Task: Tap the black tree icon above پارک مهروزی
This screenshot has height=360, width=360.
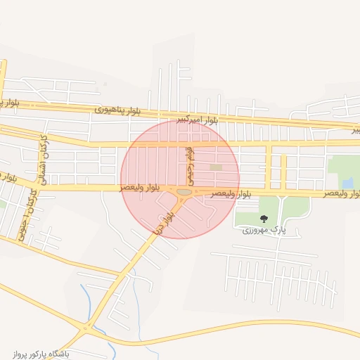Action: point(264,219)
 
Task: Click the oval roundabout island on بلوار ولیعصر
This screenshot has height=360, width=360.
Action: point(184,191)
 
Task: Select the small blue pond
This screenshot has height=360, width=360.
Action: point(348,184)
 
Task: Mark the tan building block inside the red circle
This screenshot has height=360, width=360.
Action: point(215,167)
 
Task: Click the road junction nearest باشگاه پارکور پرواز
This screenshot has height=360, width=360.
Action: point(86,327)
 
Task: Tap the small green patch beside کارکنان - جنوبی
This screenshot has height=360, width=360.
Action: point(3,205)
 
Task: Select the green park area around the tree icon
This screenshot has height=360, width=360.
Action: point(281,208)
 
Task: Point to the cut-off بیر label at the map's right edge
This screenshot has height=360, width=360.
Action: point(356,130)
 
